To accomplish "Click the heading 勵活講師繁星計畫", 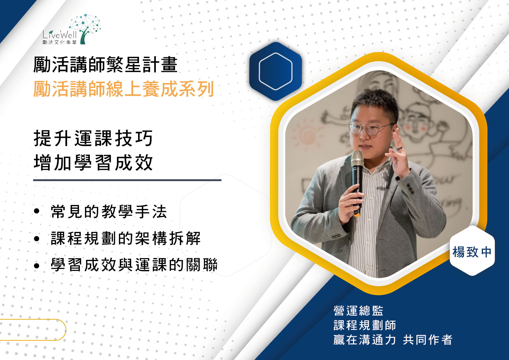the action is pyautogui.click(x=105, y=64).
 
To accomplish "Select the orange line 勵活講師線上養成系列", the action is pyautogui.click(x=124, y=89).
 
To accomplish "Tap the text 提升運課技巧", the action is pyautogui.click(x=93, y=138).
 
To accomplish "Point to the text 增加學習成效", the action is pyautogui.click(x=93, y=163).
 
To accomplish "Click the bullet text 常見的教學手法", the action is pyautogui.click(x=109, y=211).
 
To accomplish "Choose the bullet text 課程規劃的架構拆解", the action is pyautogui.click(x=126, y=238).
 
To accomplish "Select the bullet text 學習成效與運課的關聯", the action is pyautogui.click(x=134, y=265).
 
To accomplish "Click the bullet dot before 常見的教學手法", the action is pyautogui.click(x=37, y=211).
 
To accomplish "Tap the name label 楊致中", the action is pyautogui.click(x=472, y=252).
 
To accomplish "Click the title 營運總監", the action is pyautogui.click(x=358, y=311).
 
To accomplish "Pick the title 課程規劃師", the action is pyautogui.click(x=365, y=325).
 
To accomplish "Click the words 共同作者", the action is pyautogui.click(x=427, y=340).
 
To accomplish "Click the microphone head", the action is pyautogui.click(x=357, y=159).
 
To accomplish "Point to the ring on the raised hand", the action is pyautogui.click(x=399, y=149).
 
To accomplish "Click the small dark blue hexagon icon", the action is pyautogui.click(x=275, y=71).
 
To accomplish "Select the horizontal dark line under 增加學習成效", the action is pyautogui.click(x=127, y=180).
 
